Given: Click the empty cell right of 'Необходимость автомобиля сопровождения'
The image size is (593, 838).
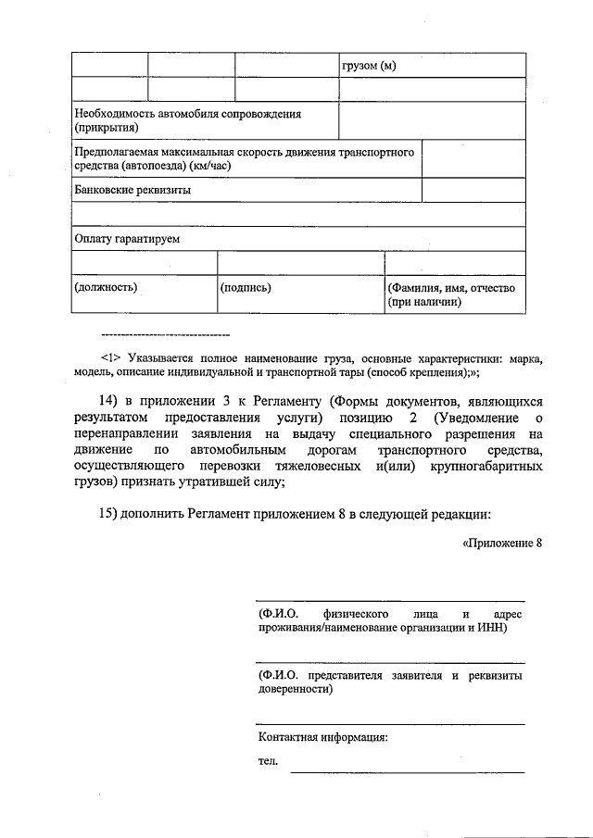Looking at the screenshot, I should tap(431, 120).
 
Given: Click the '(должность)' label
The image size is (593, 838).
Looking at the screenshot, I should tap(106, 287).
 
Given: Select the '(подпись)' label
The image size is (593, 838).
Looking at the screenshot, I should tap(246, 287).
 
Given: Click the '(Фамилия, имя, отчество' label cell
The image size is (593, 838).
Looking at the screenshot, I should tap(451, 288).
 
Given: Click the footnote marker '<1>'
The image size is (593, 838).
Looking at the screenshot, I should tap(110, 356).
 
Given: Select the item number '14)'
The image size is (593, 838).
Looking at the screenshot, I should tap(109, 400).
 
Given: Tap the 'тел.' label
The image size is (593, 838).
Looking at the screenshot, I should tap(268, 761).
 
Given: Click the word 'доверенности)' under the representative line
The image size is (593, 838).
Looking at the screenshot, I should tap(296, 689).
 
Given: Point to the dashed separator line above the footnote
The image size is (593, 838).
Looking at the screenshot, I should tap(164, 333).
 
